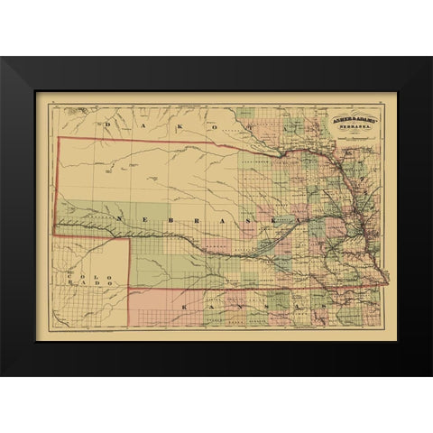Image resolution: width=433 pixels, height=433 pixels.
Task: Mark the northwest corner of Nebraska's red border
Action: click(60, 138)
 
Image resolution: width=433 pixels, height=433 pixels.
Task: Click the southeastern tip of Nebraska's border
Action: click(388, 286)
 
